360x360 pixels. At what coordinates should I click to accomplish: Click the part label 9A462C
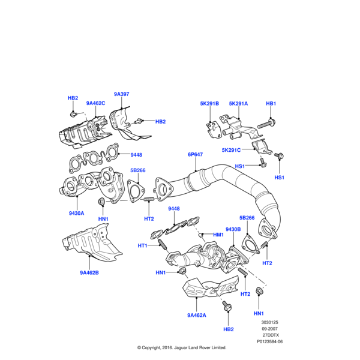[95, 103]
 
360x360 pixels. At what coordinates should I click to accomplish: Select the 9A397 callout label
[122, 95]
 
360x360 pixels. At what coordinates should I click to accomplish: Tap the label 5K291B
[209, 103]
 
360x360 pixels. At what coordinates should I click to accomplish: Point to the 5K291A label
[238, 103]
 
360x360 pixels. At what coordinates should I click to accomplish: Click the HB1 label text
[271, 103]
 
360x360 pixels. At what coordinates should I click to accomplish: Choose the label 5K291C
[230, 150]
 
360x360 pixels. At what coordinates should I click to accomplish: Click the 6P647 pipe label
[196, 154]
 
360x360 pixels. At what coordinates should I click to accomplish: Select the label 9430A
[76, 212]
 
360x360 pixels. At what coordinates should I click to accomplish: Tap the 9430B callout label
[233, 229]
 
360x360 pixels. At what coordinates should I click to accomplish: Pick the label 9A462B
[89, 273]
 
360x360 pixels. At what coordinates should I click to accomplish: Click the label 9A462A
[196, 315]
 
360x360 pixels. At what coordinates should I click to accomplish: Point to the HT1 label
[143, 245]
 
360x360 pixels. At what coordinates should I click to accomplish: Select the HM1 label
[217, 234]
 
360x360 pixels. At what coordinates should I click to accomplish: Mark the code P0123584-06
[269, 341]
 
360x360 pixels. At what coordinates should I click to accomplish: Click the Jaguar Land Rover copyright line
[181, 347]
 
